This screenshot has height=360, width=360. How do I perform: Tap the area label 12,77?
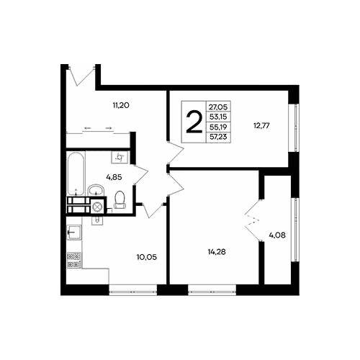point(261,125)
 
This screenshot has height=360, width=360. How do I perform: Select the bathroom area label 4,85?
point(114,177)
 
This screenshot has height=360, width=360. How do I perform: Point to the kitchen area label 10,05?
point(146,257)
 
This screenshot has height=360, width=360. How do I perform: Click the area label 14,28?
point(217,252)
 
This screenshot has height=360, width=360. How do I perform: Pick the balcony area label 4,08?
point(277,235)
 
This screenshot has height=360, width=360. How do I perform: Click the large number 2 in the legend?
point(194,122)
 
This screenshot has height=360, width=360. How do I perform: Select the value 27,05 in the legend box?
point(218,107)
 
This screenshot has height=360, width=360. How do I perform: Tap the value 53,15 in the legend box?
point(218,117)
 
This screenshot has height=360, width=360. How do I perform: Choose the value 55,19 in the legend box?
point(218,127)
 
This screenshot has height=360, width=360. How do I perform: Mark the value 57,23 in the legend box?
point(218,137)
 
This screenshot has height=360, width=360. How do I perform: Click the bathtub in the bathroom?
point(76,174)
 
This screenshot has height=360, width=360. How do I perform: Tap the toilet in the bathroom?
point(120,199)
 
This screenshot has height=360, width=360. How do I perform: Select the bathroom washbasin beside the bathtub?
point(96,190)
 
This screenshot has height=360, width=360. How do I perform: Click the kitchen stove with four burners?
point(74,260)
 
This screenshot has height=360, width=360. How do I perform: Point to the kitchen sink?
point(74,232)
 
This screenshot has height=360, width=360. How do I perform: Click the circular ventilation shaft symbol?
point(97,206)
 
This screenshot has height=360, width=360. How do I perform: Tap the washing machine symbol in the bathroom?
point(120,157)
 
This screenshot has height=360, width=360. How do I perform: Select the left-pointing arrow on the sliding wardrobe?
point(87,128)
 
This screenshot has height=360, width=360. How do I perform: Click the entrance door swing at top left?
point(81,76)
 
